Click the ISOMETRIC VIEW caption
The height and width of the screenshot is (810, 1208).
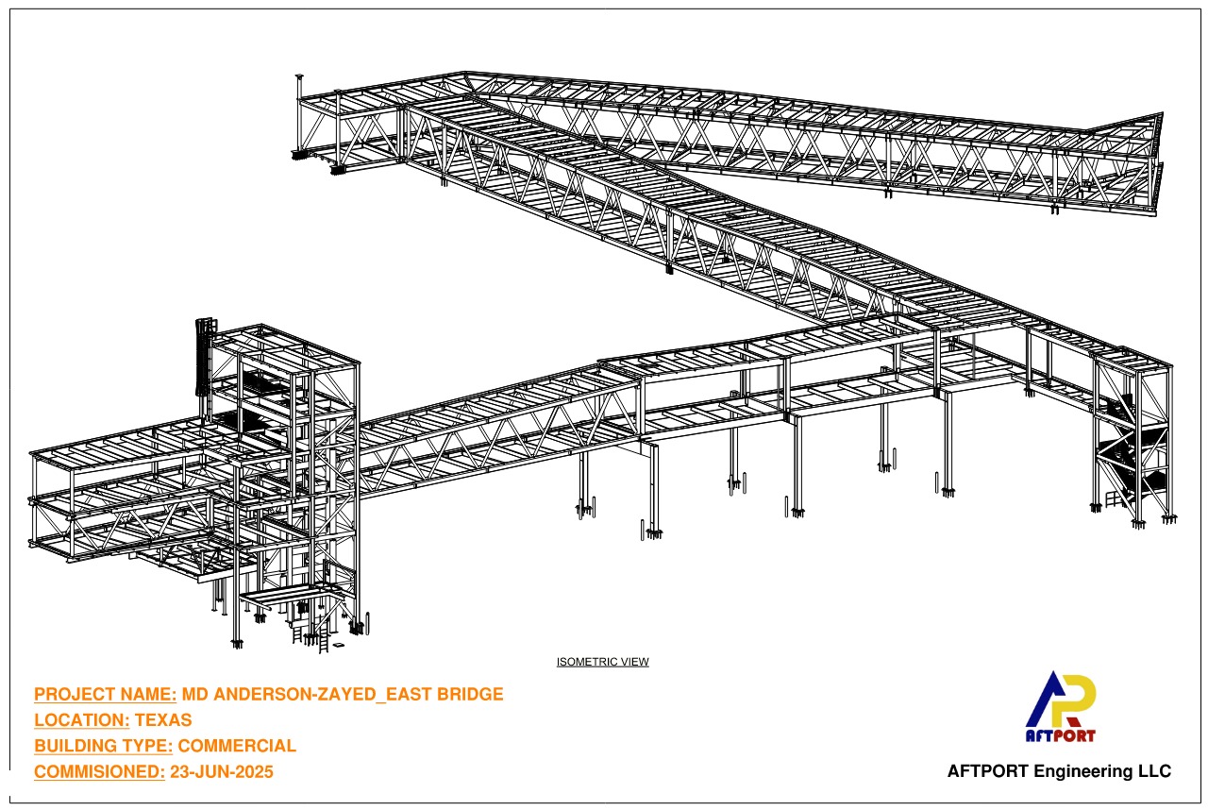[602, 662]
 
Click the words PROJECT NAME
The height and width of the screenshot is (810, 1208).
[105, 694]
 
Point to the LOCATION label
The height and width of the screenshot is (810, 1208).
[81, 720]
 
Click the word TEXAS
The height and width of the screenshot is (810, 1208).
[163, 720]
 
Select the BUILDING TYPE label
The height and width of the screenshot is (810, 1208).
[103, 746]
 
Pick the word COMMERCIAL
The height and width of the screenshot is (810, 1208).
[237, 746]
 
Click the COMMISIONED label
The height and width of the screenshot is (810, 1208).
[99, 771]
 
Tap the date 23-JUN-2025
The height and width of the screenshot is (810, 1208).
[222, 771]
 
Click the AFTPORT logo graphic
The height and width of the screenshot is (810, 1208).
[1060, 706]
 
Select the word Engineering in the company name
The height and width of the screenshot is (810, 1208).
[1082, 771]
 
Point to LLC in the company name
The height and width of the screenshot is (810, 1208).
[1154, 771]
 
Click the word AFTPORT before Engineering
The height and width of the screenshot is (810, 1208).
[987, 771]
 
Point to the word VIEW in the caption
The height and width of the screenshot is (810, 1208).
[635, 662]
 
